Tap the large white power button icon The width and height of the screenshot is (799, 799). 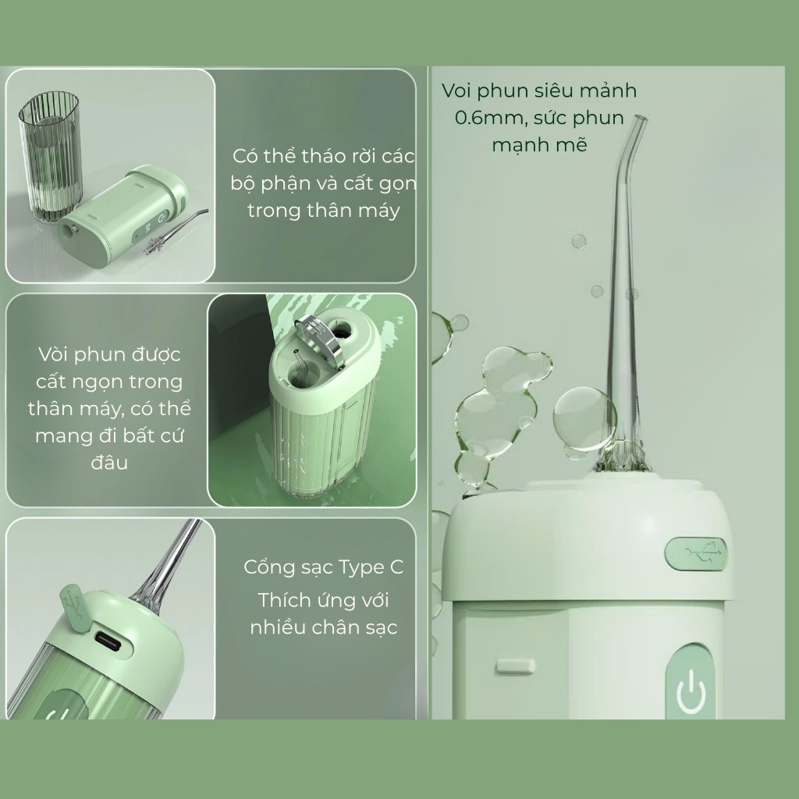click(x=691, y=691)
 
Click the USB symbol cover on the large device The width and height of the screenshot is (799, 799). click(x=696, y=553)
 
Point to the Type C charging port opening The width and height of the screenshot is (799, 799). click(x=108, y=642)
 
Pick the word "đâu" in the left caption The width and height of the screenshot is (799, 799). click(x=109, y=462)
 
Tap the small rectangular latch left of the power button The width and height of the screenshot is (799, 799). click(x=515, y=666)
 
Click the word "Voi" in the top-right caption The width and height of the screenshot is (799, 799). click(x=456, y=91)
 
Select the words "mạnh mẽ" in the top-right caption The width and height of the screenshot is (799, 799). click(x=540, y=144)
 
